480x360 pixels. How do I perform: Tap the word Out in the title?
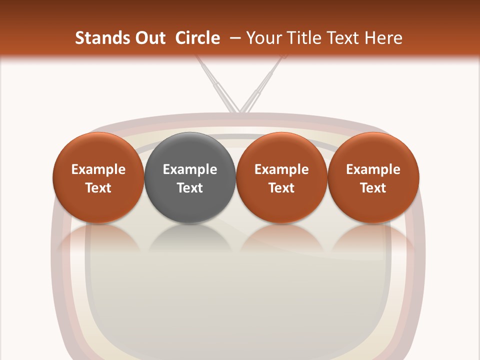[x=149, y=38]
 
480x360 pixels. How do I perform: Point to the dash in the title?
[x=233, y=38]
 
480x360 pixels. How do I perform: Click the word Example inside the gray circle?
[x=189, y=169]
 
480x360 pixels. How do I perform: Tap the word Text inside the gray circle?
[x=189, y=188]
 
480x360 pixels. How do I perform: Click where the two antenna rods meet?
[x=239, y=110]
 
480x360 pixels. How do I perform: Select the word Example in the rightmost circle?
[x=373, y=169]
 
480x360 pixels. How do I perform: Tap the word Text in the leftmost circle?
[x=98, y=188]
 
